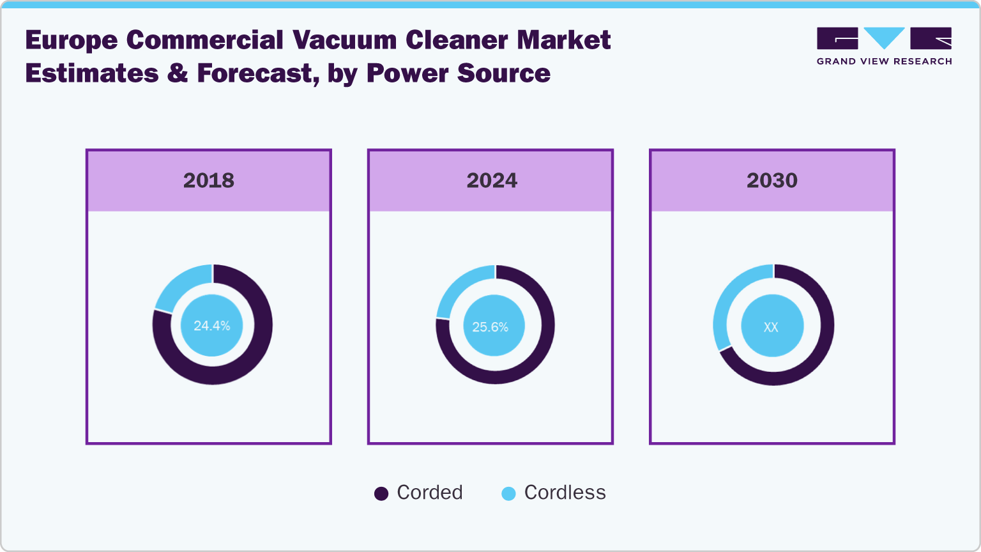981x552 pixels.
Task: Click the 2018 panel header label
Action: pos(209,181)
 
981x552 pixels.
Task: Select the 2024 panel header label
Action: pos(491,181)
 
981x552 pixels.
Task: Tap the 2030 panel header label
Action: pos(772,181)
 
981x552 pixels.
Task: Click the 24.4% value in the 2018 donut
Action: pos(212,326)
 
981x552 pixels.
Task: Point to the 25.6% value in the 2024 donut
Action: pos(490,327)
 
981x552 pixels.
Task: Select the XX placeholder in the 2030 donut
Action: pos(771,327)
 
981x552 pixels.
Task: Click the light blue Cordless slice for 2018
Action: pos(180,285)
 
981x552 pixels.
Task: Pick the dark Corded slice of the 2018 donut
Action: pos(249,358)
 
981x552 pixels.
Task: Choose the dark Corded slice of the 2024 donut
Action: pos(530,358)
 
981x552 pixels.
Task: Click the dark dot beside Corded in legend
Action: pos(381,494)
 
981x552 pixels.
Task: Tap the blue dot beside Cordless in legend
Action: pos(508,494)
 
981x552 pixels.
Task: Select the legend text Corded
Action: pos(429,493)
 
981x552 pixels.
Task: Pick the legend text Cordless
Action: pos(565,493)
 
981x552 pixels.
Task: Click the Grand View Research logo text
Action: pos(884,61)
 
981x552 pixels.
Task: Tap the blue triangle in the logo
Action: pos(884,37)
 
